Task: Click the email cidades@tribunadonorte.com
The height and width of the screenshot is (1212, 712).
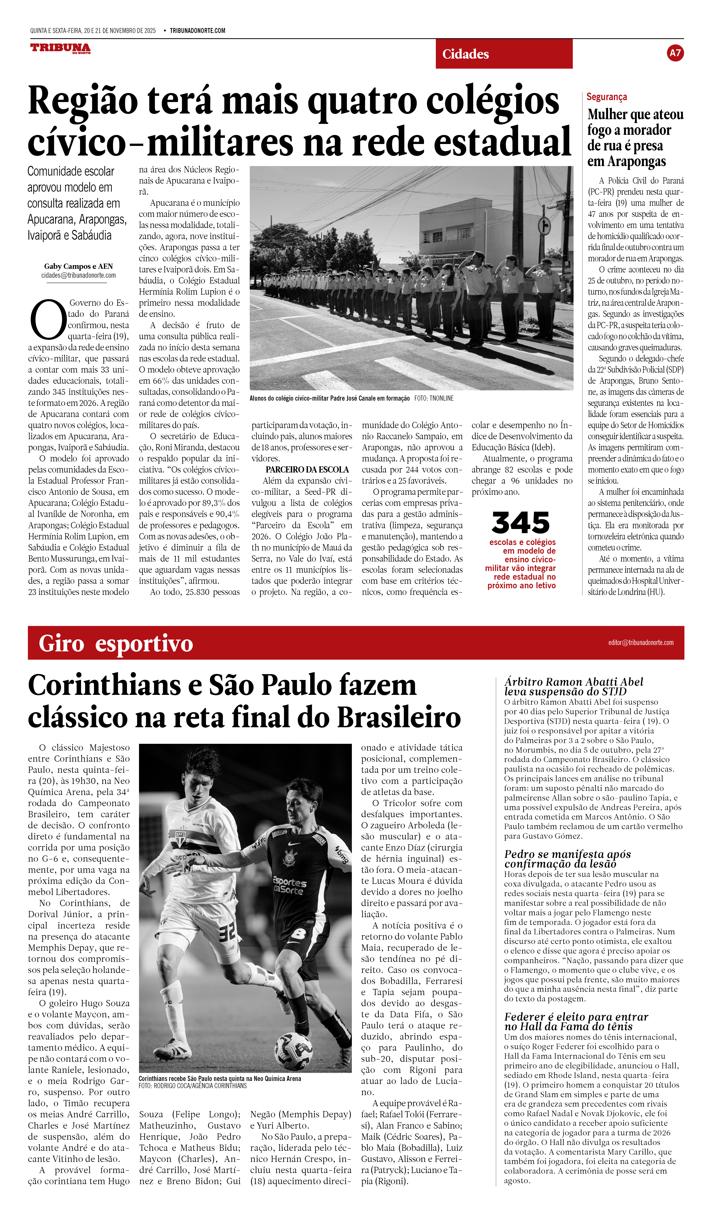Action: click(78, 276)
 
